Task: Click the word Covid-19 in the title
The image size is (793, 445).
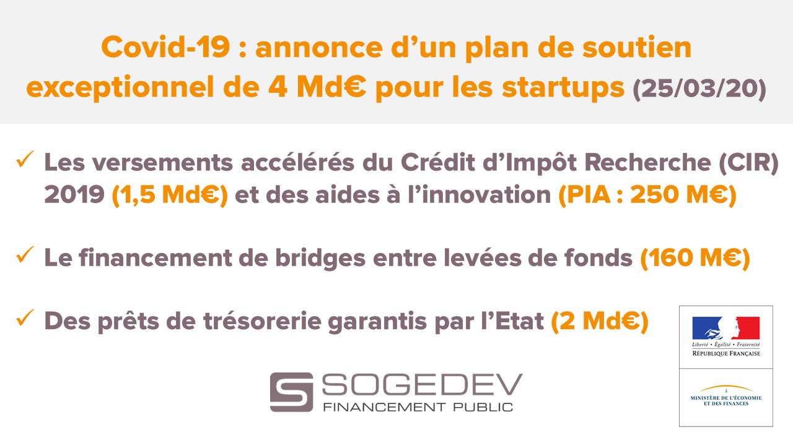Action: pyautogui.click(x=165, y=47)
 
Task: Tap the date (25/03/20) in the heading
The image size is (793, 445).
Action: pyautogui.click(x=699, y=89)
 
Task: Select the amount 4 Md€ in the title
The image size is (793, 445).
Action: pyautogui.click(x=317, y=87)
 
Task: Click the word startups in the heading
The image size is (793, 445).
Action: pyautogui.click(x=563, y=89)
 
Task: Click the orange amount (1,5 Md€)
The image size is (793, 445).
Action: pyautogui.click(x=170, y=195)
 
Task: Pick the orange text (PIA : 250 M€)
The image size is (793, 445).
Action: pyautogui.click(x=647, y=195)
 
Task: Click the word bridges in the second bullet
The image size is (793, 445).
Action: pyautogui.click(x=320, y=258)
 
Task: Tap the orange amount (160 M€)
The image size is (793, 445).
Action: pyautogui.click(x=695, y=258)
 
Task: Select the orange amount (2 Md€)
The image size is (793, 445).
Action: pyautogui.click(x=600, y=321)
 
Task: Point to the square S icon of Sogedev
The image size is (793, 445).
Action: pyautogui.click(x=291, y=392)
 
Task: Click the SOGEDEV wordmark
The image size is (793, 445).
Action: pyautogui.click(x=422, y=384)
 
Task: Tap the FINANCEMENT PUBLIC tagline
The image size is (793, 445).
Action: pyautogui.click(x=418, y=407)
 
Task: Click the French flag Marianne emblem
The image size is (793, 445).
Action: pyautogui.click(x=726, y=328)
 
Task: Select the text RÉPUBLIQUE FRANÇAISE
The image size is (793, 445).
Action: pyautogui.click(x=726, y=354)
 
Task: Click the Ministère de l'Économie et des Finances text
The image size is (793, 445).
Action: pyautogui.click(x=726, y=401)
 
